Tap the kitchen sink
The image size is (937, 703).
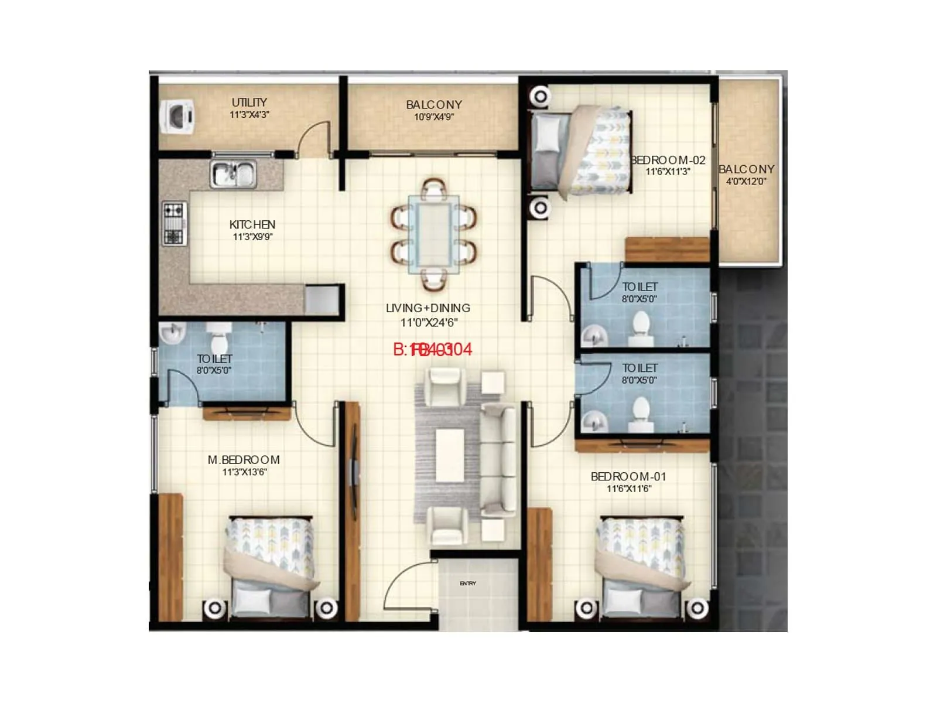234,174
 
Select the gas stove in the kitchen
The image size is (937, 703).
175,223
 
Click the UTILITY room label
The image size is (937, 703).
249,102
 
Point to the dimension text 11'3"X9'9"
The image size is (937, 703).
252,237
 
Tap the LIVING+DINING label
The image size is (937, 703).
428,308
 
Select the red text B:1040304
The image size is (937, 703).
432,350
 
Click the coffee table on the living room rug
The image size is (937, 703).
450,453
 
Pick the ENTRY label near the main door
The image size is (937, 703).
468,583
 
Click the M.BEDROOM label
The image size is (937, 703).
244,460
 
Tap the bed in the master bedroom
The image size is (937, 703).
270,565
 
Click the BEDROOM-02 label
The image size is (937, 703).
668,160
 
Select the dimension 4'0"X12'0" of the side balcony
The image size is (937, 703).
746,181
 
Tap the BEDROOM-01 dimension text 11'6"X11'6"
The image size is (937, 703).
629,489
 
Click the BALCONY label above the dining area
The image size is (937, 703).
434,104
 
